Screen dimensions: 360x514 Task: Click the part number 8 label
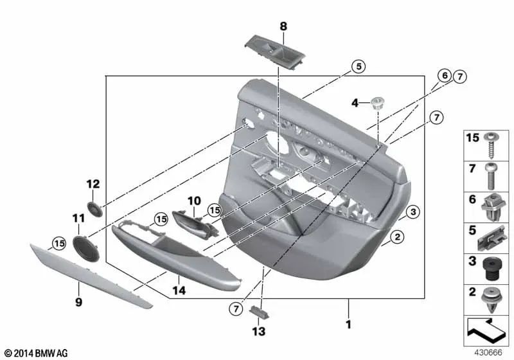[x=283, y=26]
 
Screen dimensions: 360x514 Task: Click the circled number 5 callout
[x=358, y=66]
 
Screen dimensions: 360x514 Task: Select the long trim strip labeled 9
[x=90, y=273]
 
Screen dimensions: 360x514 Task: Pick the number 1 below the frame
[x=348, y=325]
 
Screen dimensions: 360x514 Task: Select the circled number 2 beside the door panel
[x=398, y=239]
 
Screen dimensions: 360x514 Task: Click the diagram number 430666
[x=487, y=352]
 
